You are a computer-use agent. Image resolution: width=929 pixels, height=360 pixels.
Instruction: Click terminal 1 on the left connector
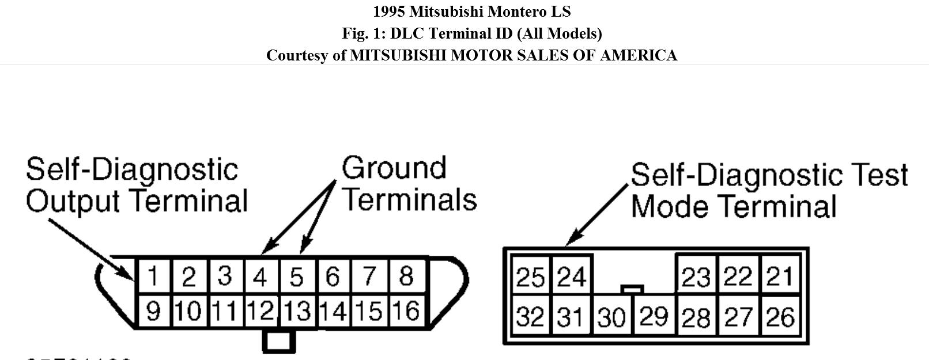pyautogui.click(x=153, y=276)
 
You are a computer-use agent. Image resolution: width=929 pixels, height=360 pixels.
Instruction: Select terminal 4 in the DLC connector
pyautogui.click(x=260, y=277)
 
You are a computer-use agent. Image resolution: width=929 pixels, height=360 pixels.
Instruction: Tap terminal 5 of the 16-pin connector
pyautogui.click(x=296, y=277)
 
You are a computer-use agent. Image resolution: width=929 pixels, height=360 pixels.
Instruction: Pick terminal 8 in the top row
pyautogui.click(x=406, y=276)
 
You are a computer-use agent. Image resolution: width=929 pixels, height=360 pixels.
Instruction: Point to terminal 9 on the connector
pyautogui.click(x=153, y=312)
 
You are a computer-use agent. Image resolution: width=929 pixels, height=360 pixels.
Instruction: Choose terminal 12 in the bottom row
pyautogui.click(x=260, y=312)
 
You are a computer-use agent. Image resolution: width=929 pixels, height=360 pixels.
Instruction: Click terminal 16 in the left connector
pyautogui.click(x=406, y=312)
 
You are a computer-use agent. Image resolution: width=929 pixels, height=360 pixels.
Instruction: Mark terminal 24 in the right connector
pyautogui.click(x=571, y=277)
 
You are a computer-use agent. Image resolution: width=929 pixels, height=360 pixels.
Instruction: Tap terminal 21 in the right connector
pyautogui.click(x=780, y=277)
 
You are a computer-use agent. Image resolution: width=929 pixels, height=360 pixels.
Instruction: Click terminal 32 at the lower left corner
pyautogui.click(x=530, y=317)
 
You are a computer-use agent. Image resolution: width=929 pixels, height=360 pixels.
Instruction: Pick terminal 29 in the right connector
pyautogui.click(x=654, y=316)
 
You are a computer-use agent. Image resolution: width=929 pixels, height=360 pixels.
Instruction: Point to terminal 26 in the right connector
pyautogui.click(x=780, y=317)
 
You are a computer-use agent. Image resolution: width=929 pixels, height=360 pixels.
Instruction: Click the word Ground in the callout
pyautogui.click(x=394, y=168)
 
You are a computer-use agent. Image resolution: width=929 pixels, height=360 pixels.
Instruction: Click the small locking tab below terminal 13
pyautogui.click(x=279, y=340)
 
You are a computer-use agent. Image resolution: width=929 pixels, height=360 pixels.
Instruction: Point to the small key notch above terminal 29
pyautogui.click(x=632, y=289)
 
